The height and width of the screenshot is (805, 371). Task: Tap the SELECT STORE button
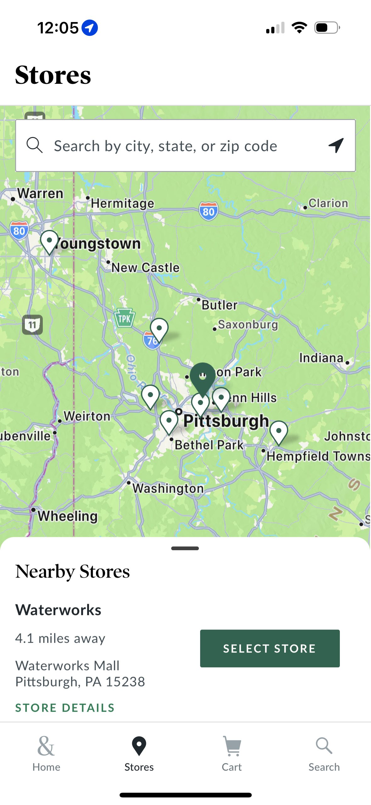(270, 648)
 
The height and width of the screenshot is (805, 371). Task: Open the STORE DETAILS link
(65, 708)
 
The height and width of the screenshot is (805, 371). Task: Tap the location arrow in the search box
(336, 146)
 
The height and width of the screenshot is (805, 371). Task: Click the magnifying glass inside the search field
(34, 145)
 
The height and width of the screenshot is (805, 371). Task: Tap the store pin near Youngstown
(49, 242)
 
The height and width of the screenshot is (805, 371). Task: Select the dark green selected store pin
(203, 376)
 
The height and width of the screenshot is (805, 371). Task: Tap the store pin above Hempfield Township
(278, 432)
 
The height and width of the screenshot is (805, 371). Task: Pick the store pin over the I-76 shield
(159, 329)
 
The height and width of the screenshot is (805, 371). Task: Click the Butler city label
(219, 305)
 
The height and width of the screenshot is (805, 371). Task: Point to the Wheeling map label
(68, 516)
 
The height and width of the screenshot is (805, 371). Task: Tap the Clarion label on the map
(328, 203)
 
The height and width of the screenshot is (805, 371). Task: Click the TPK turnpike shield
(125, 318)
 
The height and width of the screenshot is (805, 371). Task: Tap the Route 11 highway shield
(32, 324)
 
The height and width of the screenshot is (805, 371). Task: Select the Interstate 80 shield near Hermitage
(208, 211)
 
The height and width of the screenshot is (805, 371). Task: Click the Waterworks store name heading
(58, 610)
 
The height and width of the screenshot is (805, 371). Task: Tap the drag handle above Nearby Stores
(185, 548)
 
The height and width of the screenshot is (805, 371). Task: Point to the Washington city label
(168, 488)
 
